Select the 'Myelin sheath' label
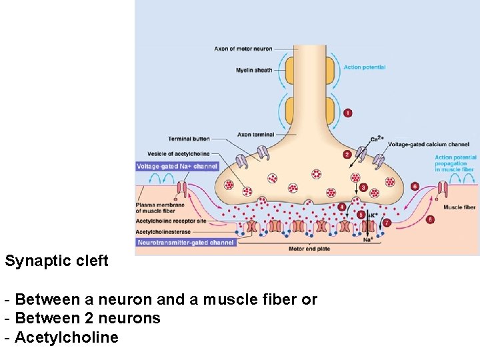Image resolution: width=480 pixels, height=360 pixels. pos(254,70)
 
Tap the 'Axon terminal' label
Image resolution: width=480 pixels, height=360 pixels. pos(254,134)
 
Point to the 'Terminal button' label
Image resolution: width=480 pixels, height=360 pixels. pos(189,139)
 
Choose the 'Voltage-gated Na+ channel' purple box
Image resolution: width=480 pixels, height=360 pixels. pos(177,166)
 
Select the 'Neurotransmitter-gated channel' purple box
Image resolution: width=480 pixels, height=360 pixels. pos(185,243)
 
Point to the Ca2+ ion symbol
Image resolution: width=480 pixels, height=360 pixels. pos(377,139)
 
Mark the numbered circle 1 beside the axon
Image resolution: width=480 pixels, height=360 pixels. pos(347,113)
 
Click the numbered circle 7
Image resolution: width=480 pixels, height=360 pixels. pos(387,223)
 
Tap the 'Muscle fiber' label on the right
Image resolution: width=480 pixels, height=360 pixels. pos(459,207)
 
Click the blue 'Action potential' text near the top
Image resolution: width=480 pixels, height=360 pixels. pos(364,67)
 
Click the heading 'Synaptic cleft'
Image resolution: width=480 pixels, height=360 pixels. pos(57,261)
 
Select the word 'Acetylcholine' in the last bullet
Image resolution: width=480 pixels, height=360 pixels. pos(66,337)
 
